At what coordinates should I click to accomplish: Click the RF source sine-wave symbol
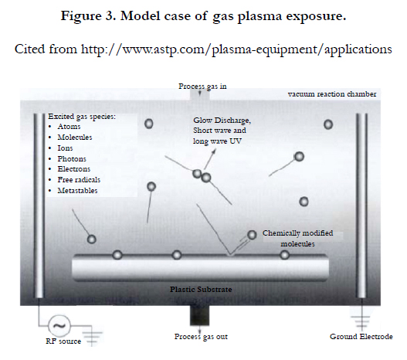pyautogui.click(x=59, y=326)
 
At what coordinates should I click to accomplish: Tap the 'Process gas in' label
pyautogui.click(x=202, y=87)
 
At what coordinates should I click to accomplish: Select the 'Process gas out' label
pyautogui.click(x=201, y=337)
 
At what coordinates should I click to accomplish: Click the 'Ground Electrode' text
pyautogui.click(x=361, y=337)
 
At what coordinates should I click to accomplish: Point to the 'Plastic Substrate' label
pyautogui.click(x=201, y=290)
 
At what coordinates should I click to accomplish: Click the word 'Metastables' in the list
pyautogui.click(x=77, y=191)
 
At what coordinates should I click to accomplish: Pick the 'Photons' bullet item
pyautogui.click(x=72, y=158)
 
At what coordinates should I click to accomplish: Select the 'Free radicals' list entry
pyautogui.click(x=79, y=179)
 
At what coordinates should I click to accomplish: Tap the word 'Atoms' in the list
pyautogui.click(x=69, y=127)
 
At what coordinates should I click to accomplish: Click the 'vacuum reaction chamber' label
pyautogui.click(x=332, y=94)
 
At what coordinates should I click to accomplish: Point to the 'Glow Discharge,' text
pyautogui.click(x=222, y=121)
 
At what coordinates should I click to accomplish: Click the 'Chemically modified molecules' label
pyautogui.click(x=298, y=238)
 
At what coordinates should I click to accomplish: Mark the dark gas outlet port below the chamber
pyautogui.click(x=199, y=315)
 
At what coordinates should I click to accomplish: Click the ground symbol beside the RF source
pyautogui.click(x=92, y=338)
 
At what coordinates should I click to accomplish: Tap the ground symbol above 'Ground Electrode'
pyautogui.click(x=362, y=321)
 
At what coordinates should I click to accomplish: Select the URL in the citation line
pyautogui.click(x=236, y=49)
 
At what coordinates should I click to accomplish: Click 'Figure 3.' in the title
pyautogui.click(x=88, y=16)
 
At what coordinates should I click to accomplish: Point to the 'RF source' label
pyautogui.click(x=63, y=341)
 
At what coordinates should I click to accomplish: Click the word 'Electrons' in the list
pyautogui.click(x=74, y=169)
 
